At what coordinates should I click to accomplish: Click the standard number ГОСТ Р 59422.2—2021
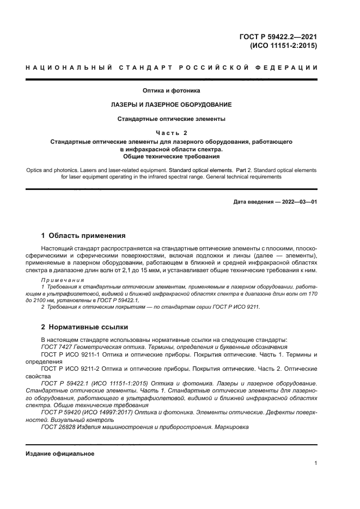[277, 37]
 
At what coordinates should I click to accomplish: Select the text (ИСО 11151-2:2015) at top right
[283, 46]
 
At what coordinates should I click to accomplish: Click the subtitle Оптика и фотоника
[172, 90]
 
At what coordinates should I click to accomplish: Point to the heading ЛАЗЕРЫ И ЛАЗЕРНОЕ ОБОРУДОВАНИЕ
[172, 105]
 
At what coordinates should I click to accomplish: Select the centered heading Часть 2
[172, 132]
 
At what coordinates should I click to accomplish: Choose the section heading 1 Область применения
[83, 236]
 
